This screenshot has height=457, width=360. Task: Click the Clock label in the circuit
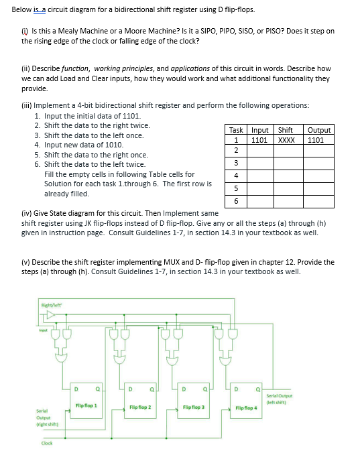pos(47,443)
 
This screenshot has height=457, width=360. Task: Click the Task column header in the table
pos(236,130)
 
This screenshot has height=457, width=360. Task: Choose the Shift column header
pos(286,130)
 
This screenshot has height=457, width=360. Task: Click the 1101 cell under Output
pos(318,140)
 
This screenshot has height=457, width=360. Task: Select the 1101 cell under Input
pos(260,140)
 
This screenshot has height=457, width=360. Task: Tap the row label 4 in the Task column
pos(236,176)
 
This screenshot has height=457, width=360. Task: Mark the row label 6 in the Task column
pos(236,201)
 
